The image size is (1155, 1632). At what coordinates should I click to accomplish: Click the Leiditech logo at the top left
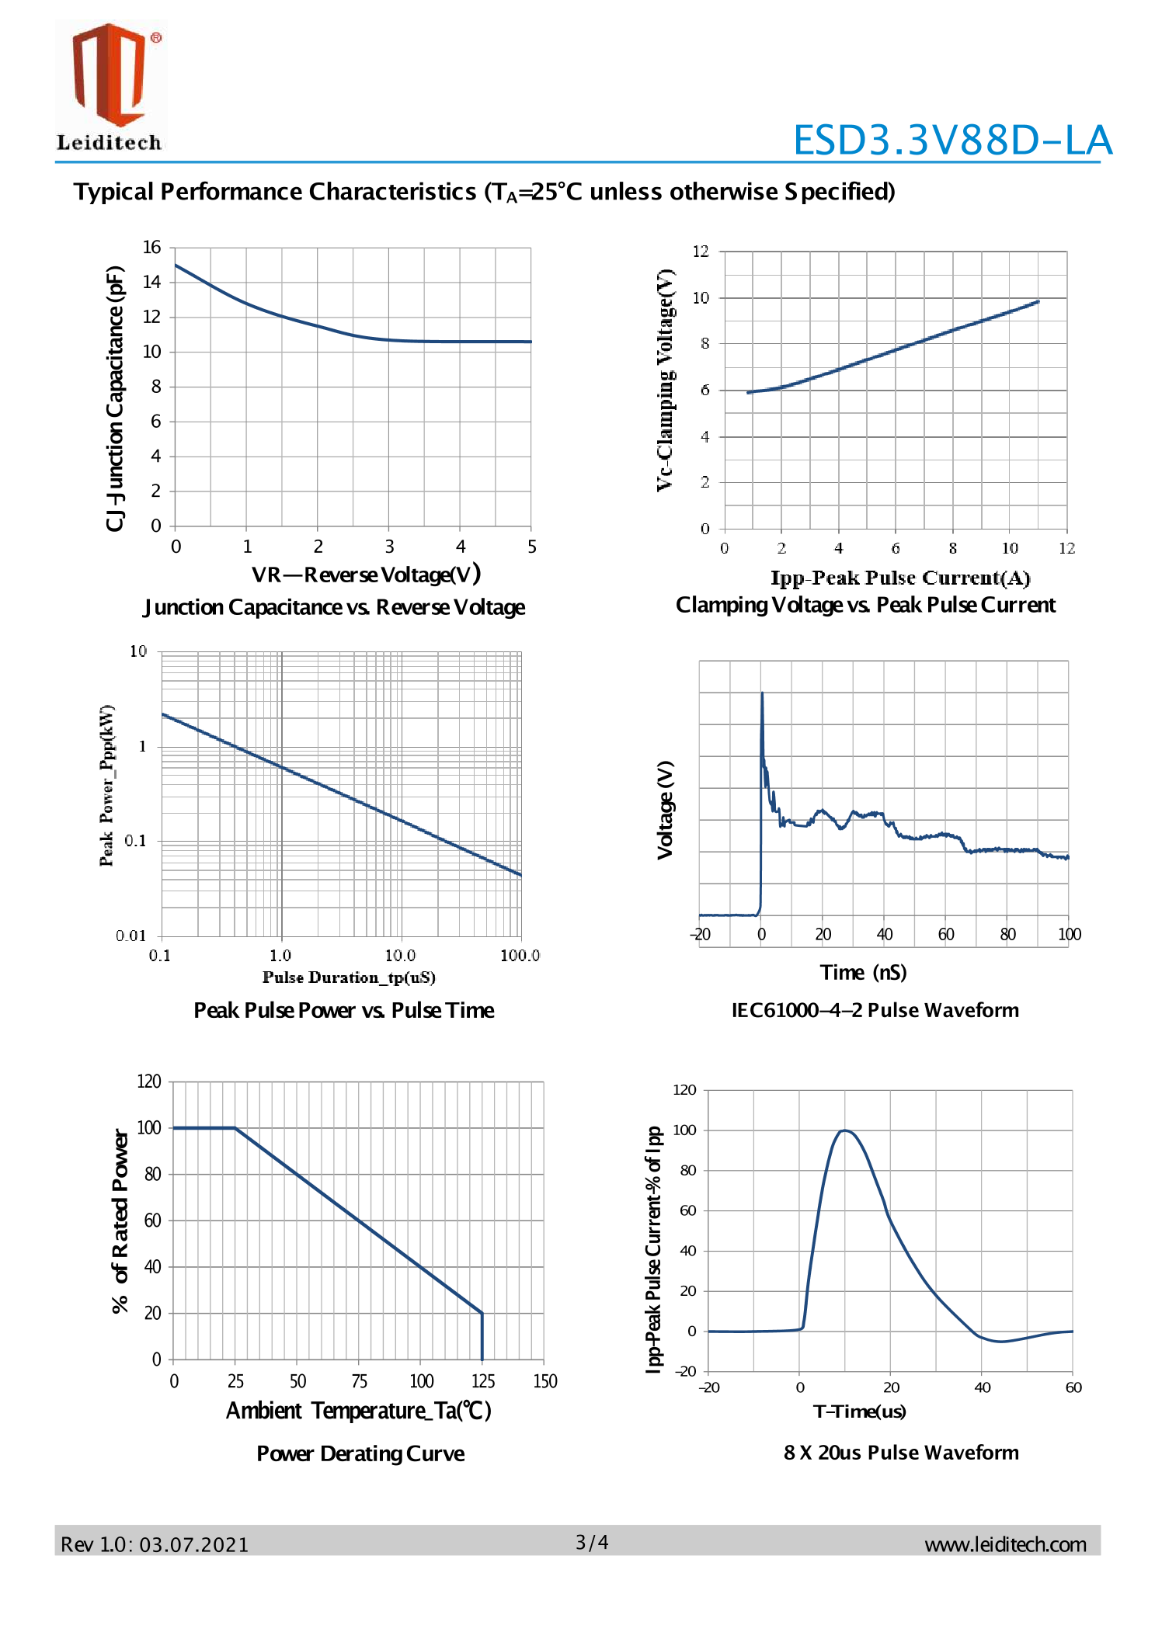tap(110, 85)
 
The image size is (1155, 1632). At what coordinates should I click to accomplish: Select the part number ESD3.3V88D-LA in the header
tap(952, 141)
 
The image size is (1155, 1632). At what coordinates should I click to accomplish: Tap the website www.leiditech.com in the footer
tap(1004, 1544)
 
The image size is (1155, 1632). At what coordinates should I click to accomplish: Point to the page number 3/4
tap(592, 1542)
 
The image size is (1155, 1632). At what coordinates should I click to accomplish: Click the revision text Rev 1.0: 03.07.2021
tap(155, 1544)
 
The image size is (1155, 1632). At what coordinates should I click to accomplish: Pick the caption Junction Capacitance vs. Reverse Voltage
tap(334, 607)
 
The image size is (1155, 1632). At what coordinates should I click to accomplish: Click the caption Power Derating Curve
tap(360, 1453)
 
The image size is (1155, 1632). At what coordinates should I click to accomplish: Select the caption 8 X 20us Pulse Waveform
tap(901, 1452)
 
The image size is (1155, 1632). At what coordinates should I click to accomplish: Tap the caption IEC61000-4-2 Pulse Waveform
tap(875, 1010)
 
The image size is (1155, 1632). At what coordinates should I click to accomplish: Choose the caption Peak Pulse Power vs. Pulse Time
tap(343, 1010)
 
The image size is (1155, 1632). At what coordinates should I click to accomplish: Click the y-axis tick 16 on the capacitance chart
tap(151, 248)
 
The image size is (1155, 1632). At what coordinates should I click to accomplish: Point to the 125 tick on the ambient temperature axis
tap(483, 1381)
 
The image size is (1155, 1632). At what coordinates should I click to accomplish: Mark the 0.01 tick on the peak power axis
tap(130, 936)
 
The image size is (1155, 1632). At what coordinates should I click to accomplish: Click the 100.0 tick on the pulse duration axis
tap(520, 955)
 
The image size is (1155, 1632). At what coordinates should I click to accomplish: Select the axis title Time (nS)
tap(863, 972)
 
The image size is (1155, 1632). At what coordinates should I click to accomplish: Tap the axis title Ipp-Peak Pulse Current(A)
tap(900, 578)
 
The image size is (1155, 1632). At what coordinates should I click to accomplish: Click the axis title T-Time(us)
tap(859, 1411)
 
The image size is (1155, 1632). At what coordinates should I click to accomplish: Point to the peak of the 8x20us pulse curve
tap(844, 1130)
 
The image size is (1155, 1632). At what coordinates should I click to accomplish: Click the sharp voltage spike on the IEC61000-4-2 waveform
tap(762, 693)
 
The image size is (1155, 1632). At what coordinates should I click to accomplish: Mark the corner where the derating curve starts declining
tap(235, 1127)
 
